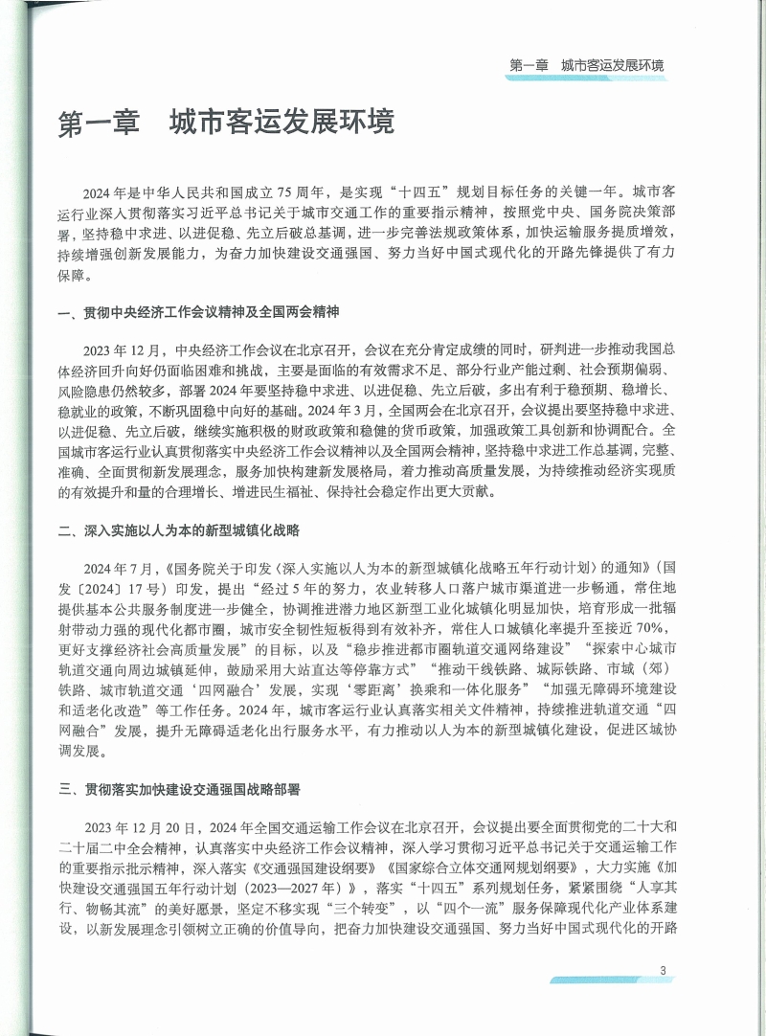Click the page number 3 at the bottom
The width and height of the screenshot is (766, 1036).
[663, 971]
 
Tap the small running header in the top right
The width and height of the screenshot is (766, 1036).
[587, 66]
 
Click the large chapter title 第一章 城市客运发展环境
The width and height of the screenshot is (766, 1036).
[226, 125]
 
